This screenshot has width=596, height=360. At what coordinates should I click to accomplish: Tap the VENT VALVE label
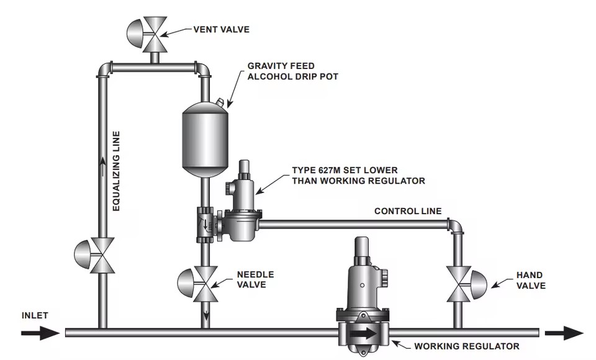221,30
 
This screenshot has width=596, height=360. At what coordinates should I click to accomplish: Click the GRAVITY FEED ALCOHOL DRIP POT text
292,71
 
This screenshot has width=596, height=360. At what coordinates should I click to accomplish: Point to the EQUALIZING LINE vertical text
116,171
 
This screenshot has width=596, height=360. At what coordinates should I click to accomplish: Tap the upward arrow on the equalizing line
102,166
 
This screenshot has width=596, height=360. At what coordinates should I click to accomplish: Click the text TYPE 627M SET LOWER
345,170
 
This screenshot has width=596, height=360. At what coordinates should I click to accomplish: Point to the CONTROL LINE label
408,211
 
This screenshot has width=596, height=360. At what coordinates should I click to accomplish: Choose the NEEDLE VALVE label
255,279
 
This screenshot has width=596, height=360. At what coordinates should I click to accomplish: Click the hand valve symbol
466,284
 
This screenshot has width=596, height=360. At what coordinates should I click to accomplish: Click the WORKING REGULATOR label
466,346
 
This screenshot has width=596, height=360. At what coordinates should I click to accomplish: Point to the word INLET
35,315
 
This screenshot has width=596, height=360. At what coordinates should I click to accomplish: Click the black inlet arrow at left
40,333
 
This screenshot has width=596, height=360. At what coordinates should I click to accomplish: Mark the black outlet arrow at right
564,333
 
